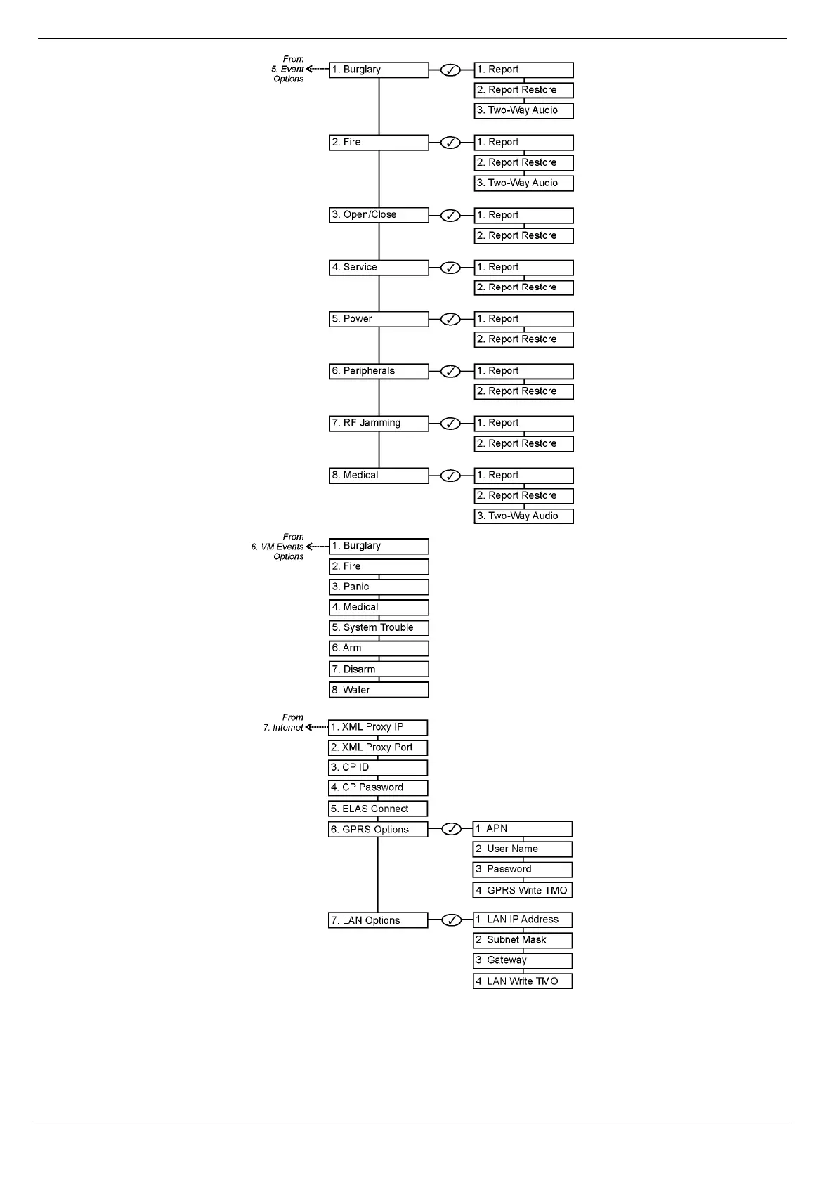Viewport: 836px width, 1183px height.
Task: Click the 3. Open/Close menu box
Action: pos(379,215)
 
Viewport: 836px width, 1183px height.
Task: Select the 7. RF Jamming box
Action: pos(379,424)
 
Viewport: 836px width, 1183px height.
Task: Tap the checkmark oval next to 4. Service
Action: pos(450,268)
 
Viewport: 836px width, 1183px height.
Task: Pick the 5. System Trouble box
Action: pos(379,628)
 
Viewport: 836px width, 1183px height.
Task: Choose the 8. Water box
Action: pos(379,690)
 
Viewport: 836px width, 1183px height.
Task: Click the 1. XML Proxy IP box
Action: pos(378,727)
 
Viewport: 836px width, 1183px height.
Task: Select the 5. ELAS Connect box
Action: pos(378,809)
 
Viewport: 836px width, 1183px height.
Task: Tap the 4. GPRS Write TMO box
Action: pos(523,890)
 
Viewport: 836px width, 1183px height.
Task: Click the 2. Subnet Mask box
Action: pos(523,940)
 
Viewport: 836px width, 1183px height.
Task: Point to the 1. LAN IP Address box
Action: pos(523,920)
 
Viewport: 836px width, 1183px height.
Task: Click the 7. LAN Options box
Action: pos(378,920)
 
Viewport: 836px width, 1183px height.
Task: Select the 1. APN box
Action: pos(523,829)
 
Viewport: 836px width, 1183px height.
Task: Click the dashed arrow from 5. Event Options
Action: pos(318,70)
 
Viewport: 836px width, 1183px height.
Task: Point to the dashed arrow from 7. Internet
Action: pos(317,727)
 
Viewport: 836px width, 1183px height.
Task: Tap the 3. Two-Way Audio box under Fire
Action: pos(523,183)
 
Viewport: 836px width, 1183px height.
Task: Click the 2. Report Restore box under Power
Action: pos(523,339)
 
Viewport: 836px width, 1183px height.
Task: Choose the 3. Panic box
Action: pos(379,587)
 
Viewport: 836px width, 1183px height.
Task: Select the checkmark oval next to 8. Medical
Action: pos(450,476)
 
